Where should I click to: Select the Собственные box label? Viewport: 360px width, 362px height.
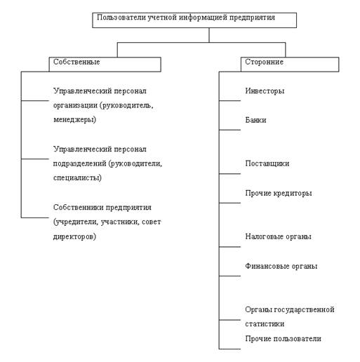[76, 62]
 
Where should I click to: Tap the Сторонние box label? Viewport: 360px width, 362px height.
[264, 62]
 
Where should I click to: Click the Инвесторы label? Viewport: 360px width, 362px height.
[265, 91]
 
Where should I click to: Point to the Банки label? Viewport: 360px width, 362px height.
[255, 120]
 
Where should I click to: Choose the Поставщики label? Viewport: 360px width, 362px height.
[267, 163]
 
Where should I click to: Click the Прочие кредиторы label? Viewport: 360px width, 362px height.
[279, 193]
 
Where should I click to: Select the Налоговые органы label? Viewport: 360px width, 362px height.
[278, 236]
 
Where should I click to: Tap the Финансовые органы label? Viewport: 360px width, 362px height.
[281, 266]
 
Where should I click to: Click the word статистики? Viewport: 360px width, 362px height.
[265, 324]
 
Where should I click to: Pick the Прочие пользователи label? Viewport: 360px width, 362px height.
[283, 339]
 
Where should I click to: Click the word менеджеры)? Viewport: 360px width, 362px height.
[74, 120]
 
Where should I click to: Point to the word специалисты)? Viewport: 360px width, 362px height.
[77, 178]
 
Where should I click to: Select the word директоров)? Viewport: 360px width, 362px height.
[74, 236]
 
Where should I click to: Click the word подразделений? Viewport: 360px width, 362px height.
[80, 163]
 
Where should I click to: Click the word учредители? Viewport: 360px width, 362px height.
[75, 222]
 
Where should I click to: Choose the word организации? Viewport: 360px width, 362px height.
[75, 105]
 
